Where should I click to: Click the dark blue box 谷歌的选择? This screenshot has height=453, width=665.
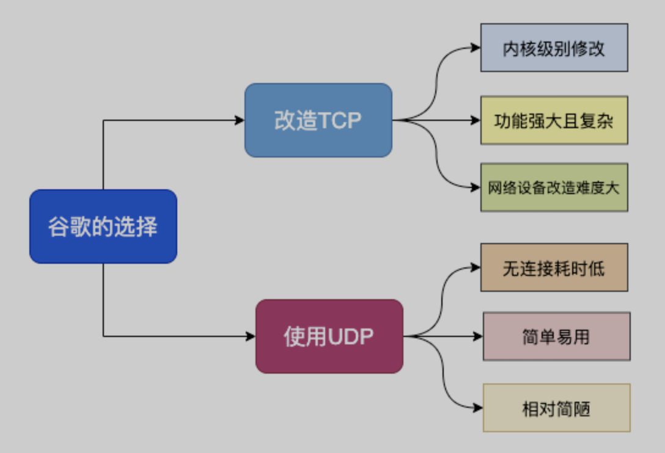103,227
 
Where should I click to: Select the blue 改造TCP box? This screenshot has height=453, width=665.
318,120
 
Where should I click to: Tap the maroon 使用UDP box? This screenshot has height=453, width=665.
329,336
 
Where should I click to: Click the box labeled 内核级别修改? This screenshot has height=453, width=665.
554,48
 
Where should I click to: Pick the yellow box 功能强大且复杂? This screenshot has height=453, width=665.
554,120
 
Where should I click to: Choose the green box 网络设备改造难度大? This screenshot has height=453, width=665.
554,187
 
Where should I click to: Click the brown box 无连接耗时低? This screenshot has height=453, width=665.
554,267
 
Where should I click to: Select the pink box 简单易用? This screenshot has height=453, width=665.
556,336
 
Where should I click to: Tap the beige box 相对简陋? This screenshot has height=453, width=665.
556,407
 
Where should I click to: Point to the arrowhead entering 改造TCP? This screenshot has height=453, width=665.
240,120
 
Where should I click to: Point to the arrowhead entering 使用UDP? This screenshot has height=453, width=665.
251,336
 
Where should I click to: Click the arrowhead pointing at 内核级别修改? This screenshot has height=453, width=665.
476,48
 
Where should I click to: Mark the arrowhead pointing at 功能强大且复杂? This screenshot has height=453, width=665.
476,120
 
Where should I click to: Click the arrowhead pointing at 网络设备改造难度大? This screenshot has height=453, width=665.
476,187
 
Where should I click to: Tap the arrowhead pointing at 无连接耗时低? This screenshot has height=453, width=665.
476,267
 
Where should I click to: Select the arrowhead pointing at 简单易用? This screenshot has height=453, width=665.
479,336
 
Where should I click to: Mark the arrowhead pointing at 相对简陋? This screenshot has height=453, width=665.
479,407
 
